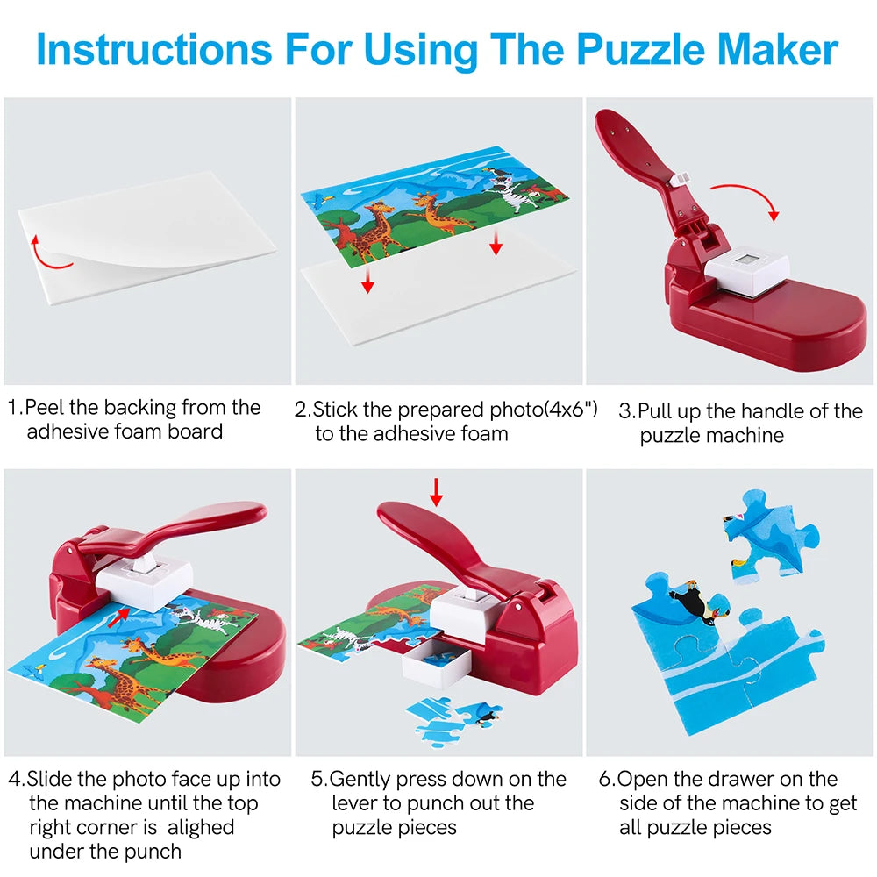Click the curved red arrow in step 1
[49, 250]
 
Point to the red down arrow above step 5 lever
[436, 491]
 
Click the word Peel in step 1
[43, 408]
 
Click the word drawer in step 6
[748, 779]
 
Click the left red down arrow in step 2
[368, 280]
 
